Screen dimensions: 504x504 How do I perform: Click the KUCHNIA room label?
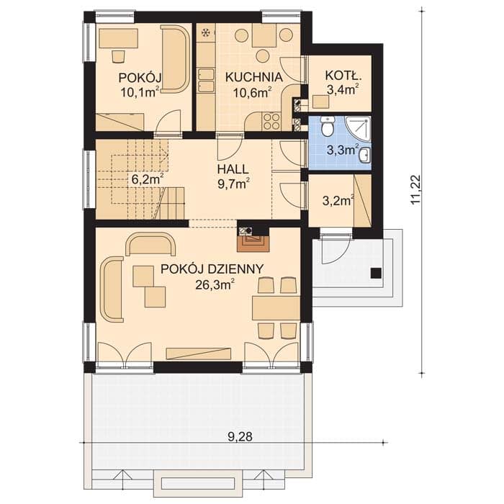pyautogui.click(x=253, y=78)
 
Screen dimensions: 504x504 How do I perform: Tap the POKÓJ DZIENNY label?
pyautogui.click(x=212, y=269)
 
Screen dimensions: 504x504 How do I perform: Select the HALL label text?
pyautogui.click(x=233, y=169)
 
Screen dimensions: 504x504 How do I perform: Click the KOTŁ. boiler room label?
pyautogui.click(x=343, y=76)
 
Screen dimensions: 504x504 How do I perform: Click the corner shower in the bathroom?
pyautogui.click(x=358, y=128)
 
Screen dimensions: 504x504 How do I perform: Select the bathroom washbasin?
pyautogui.click(x=364, y=156)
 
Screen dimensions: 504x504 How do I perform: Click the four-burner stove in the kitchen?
pyautogui.click(x=271, y=121)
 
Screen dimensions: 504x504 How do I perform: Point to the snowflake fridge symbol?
pyautogui.click(x=206, y=33)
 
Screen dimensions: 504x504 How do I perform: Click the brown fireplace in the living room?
pyautogui.click(x=253, y=243)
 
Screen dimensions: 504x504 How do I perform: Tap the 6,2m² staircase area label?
pyautogui.click(x=148, y=179)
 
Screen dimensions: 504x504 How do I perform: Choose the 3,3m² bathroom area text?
pyautogui.click(x=343, y=150)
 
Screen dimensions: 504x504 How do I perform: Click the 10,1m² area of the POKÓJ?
pyautogui.click(x=140, y=92)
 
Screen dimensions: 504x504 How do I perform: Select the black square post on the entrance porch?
pyautogui.click(x=376, y=273)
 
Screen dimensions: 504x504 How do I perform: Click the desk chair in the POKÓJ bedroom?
pyautogui.click(x=118, y=56)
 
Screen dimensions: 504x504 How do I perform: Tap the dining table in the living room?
pyautogui.click(x=276, y=308)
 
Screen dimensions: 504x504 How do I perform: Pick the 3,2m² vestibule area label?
pyautogui.click(x=338, y=200)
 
